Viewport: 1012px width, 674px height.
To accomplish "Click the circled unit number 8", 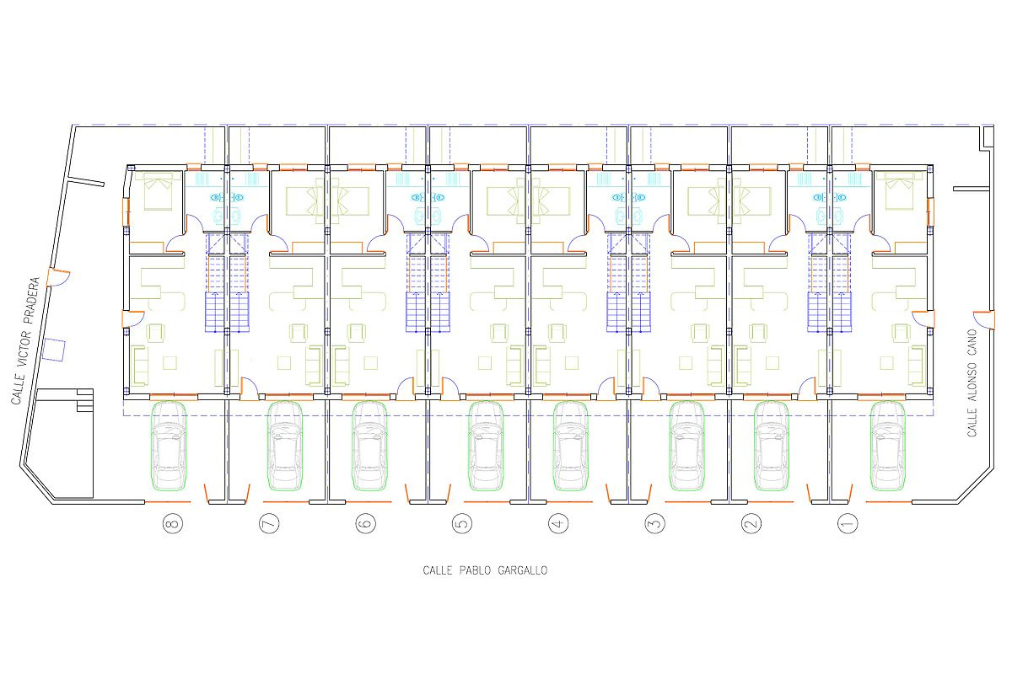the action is pyautogui.click(x=173, y=524).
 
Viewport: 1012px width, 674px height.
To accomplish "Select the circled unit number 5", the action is pyautogui.click(x=462, y=524).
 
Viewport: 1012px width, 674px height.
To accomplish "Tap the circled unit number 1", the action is pyautogui.click(x=847, y=524).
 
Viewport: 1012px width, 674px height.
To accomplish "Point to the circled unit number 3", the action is pyautogui.click(x=654, y=524).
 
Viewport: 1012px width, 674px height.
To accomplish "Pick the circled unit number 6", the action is pyautogui.click(x=365, y=524).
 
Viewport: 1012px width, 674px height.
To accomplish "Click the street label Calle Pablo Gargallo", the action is pyautogui.click(x=485, y=570).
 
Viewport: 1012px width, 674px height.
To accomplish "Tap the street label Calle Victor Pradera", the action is pyautogui.click(x=25, y=341).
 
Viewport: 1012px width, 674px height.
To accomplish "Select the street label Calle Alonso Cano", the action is pyautogui.click(x=972, y=382).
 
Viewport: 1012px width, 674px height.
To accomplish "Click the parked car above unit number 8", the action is pyautogui.click(x=169, y=446).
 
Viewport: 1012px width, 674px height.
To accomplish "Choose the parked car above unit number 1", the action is pyautogui.click(x=888, y=446).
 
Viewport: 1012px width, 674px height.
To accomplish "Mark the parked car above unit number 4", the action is pyautogui.click(x=571, y=446).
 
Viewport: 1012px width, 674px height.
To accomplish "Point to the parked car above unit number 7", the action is pyautogui.click(x=285, y=446).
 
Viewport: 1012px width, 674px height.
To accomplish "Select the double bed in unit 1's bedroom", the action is pyautogui.click(x=899, y=191).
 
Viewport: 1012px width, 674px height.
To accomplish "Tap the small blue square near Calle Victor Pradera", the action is pyautogui.click(x=54, y=350).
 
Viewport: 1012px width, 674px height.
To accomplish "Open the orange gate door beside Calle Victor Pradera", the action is pyautogui.click(x=58, y=276).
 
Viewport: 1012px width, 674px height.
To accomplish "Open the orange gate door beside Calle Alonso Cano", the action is pyautogui.click(x=984, y=319).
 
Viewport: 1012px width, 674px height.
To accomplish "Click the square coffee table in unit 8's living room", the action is pyautogui.click(x=170, y=363).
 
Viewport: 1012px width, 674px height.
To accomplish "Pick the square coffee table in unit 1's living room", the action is pyautogui.click(x=886, y=363).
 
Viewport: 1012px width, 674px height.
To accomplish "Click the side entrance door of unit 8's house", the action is pyautogui.click(x=132, y=318).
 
